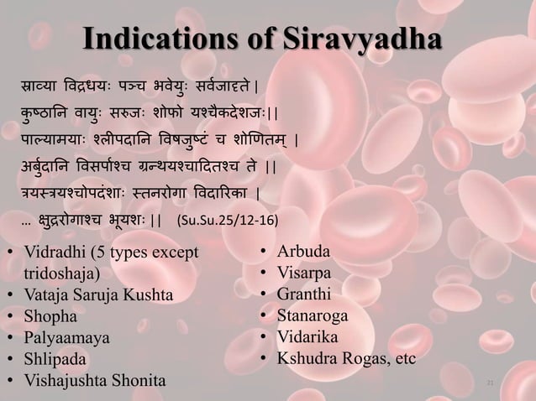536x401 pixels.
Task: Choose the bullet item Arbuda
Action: [x=304, y=252]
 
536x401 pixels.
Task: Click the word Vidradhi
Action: [x=52, y=252]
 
